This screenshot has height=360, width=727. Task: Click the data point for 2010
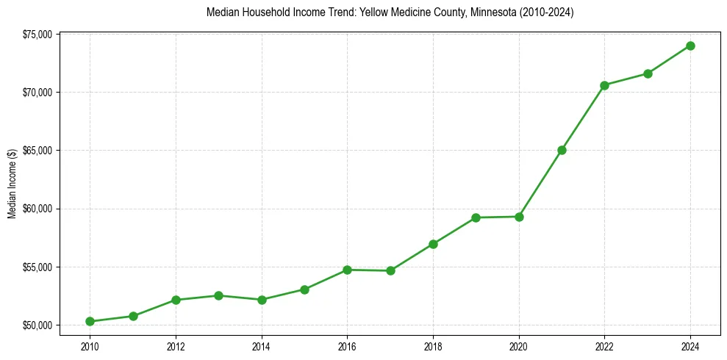[90, 321]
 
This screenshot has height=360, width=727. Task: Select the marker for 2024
[691, 46]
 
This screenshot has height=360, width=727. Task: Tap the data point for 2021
[562, 150]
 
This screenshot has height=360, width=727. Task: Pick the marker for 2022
[605, 85]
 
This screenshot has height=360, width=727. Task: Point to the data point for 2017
[390, 270]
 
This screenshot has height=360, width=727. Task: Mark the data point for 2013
[218, 295]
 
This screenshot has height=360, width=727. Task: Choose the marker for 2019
[476, 217]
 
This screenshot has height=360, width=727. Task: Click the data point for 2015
[304, 289]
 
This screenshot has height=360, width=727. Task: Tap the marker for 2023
[648, 73]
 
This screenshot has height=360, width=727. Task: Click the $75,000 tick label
[37, 34]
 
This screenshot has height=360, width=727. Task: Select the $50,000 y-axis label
[37, 325]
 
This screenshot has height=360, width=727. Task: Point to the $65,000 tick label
[37, 151]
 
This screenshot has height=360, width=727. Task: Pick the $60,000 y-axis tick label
[37, 209]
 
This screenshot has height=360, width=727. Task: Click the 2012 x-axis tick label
[176, 345]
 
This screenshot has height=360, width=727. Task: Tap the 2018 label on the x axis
[433, 345]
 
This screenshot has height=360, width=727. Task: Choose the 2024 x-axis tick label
[691, 345]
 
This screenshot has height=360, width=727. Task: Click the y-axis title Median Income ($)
[12, 179]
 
